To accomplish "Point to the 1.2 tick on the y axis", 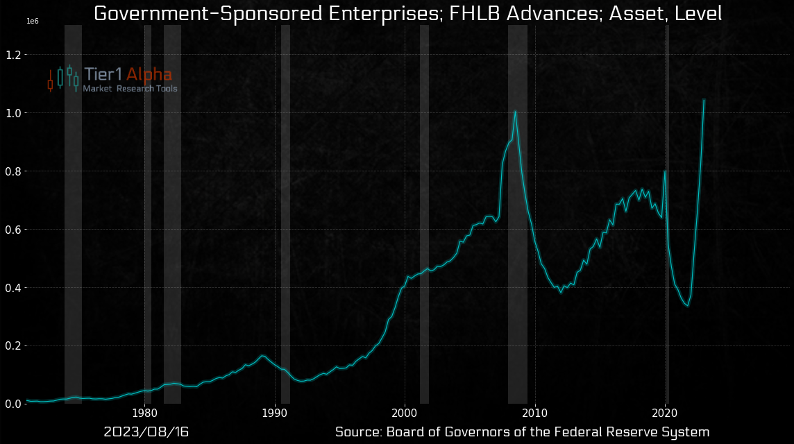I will (x=12, y=55).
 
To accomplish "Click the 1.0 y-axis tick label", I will (x=12, y=113).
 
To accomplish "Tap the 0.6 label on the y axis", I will (x=12, y=230).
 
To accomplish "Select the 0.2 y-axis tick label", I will (x=12, y=346).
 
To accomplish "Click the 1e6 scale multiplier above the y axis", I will (x=32, y=22).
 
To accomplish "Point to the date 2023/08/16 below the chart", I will (x=146, y=432).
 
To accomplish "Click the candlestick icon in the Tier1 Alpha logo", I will (x=62, y=79).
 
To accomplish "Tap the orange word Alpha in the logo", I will (x=149, y=75).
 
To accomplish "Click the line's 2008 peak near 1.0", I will (x=515, y=111).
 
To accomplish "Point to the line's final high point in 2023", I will (x=704, y=100).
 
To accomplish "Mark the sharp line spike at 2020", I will (x=665, y=171).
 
